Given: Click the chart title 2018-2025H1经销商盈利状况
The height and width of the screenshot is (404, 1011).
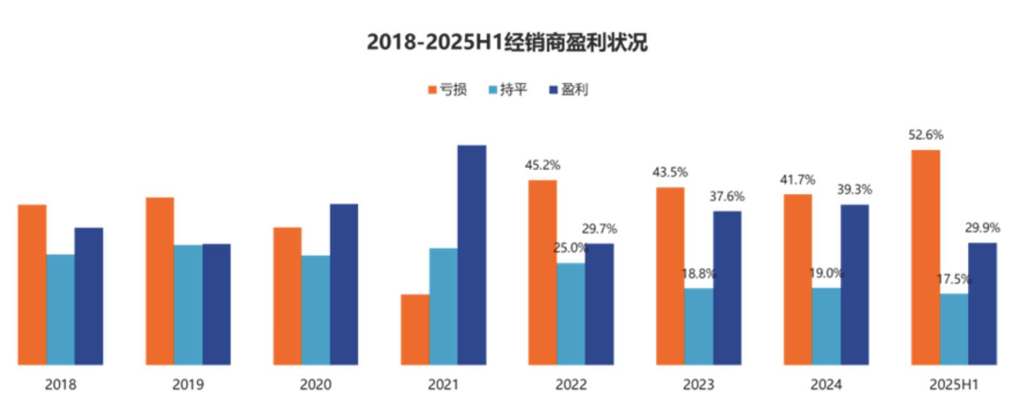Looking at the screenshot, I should pos(507,42).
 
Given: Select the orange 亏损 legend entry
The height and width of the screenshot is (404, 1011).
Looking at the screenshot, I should pos(447,89).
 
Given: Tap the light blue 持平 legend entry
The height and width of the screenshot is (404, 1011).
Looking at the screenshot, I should pos(508,89).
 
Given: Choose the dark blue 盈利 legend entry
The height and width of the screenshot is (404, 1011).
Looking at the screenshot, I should pos(569,89).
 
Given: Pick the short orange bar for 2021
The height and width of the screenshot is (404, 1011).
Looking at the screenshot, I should pos(415,330).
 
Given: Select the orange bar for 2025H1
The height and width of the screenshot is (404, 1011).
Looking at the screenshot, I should pos(925,257).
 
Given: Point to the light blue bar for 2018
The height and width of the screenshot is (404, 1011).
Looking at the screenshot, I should pos(60,310).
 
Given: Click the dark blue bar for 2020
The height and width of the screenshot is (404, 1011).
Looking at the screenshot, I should pos(344,284).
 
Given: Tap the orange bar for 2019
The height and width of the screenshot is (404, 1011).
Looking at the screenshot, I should pos(160,281).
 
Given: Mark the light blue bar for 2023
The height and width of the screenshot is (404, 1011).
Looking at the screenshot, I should pos(698,326).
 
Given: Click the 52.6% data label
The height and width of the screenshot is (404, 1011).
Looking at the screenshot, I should pos(925,135).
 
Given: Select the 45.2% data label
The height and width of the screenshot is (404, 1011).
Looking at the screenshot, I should pos(542,165).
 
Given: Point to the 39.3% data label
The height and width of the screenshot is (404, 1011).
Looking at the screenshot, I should pos(854,190).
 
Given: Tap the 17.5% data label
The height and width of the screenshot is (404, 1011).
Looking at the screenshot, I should pos(953,279).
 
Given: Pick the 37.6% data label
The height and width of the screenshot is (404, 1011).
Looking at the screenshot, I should pos(726,197).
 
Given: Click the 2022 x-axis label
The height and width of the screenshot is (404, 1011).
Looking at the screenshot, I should pos(571,385).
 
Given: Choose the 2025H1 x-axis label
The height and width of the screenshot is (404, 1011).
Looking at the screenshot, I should pos(953,385).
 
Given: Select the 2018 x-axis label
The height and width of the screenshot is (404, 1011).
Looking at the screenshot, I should pos(60,385).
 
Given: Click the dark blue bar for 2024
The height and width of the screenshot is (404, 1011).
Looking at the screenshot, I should pos(855,285).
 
